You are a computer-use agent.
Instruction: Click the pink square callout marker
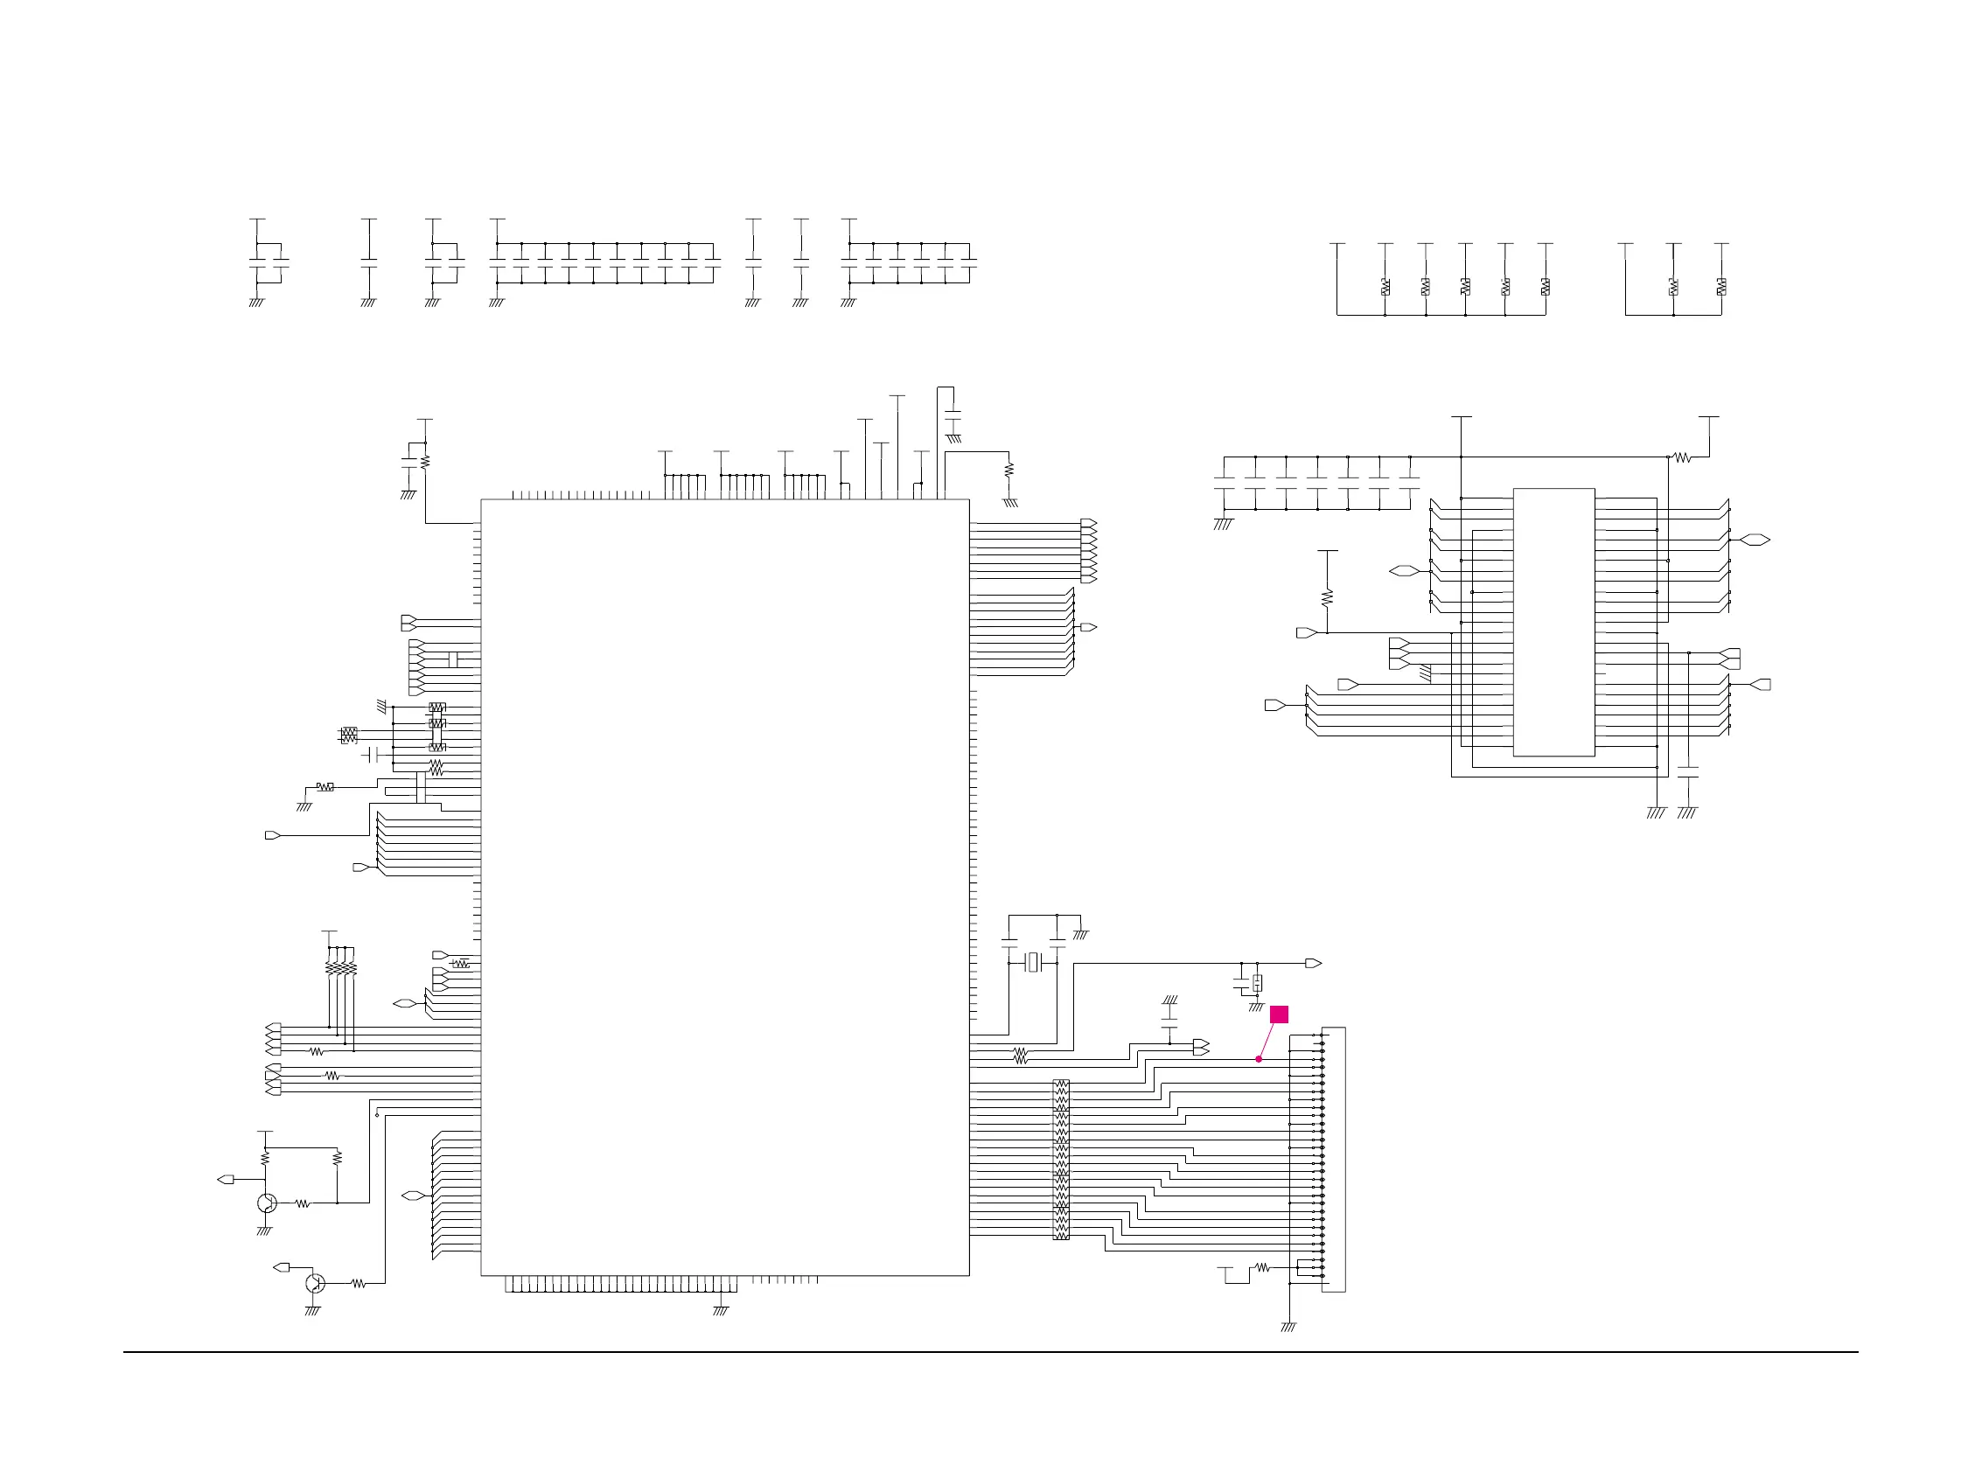[1279, 1014]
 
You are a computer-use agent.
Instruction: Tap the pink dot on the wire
[1258, 1059]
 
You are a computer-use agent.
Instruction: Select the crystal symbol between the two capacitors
[1033, 963]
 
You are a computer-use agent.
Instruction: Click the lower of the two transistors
[314, 1283]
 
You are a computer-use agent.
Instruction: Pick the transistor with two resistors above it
[266, 1203]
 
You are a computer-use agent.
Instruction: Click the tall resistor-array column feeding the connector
[1060, 1159]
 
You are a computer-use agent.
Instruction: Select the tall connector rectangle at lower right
[1333, 1159]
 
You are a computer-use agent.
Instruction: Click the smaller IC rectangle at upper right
[1553, 622]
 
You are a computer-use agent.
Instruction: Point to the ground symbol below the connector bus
[1288, 1327]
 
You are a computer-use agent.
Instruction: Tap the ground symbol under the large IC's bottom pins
[721, 1310]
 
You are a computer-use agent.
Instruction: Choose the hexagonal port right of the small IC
[1754, 540]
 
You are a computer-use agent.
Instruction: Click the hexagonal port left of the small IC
[1403, 571]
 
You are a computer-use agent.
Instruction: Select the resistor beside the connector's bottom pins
[1261, 1267]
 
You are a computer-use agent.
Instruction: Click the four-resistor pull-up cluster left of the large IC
[341, 968]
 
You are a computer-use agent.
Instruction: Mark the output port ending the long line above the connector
[1312, 964]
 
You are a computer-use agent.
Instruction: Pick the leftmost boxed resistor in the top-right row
[1385, 287]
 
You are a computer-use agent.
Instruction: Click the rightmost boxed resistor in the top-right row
[1721, 287]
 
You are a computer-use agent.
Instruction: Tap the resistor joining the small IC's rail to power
[1682, 457]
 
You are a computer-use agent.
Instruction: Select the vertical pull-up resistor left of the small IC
[1327, 596]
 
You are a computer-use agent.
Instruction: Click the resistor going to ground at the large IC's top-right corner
[1008, 470]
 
